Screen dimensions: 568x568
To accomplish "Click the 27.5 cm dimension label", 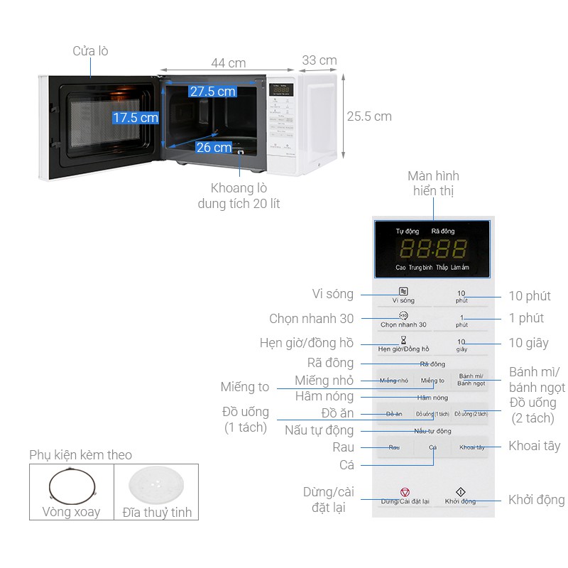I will (x=212, y=92).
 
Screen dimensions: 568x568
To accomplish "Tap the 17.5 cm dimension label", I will (x=135, y=118).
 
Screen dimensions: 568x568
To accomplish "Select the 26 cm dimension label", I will (x=214, y=148).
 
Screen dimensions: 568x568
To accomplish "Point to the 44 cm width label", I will (x=228, y=63).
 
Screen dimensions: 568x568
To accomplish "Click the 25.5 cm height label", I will (x=368, y=116).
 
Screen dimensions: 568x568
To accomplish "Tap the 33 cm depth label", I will (x=319, y=60).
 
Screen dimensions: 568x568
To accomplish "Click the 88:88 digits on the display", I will (x=432, y=248).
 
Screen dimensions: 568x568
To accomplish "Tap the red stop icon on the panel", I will (x=405, y=491).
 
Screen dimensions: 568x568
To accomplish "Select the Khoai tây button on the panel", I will (x=471, y=447).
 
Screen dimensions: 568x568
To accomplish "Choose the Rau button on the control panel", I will (x=394, y=447).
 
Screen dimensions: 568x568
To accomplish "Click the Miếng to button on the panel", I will (x=432, y=381).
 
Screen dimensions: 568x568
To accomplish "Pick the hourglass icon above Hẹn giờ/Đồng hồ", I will (x=403, y=340).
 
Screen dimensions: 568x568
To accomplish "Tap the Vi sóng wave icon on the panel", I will (x=403, y=291).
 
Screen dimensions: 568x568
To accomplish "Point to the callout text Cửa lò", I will (x=90, y=51).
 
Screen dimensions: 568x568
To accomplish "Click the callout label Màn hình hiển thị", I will (x=433, y=183).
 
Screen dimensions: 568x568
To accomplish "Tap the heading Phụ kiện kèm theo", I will (x=80, y=455).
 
